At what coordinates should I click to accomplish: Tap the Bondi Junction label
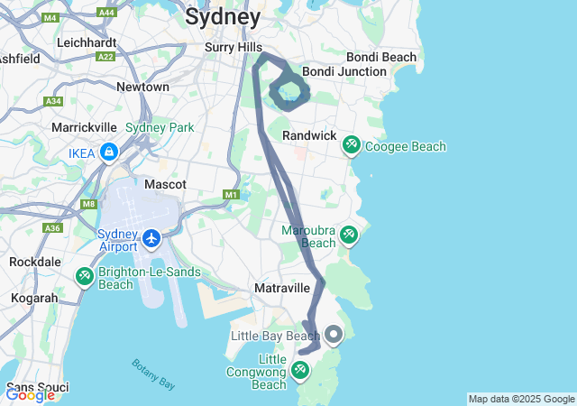pyautogui.click(x=343, y=71)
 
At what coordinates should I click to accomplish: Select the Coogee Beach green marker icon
pyautogui.click(x=351, y=144)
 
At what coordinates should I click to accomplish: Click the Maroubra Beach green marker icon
pyautogui.click(x=348, y=235)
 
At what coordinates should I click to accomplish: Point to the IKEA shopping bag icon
pyautogui.click(x=108, y=152)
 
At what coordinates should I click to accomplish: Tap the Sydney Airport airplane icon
pyautogui.click(x=151, y=239)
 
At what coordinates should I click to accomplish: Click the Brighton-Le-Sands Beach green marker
pyautogui.click(x=84, y=275)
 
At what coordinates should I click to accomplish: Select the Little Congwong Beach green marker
pyautogui.click(x=300, y=370)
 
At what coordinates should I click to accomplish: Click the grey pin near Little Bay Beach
pyautogui.click(x=334, y=335)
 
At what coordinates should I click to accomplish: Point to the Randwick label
pyautogui.click(x=309, y=134)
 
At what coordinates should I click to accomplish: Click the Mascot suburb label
pyautogui.click(x=166, y=184)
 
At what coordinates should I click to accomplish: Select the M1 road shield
pyautogui.click(x=231, y=195)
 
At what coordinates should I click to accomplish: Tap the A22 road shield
pyautogui.click(x=106, y=56)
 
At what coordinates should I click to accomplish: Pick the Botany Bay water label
pyautogui.click(x=153, y=374)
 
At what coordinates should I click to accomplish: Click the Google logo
pyautogui.click(x=30, y=394)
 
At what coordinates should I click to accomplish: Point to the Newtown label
pyautogui.click(x=142, y=87)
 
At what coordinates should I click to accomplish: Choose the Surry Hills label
pyautogui.click(x=234, y=47)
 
